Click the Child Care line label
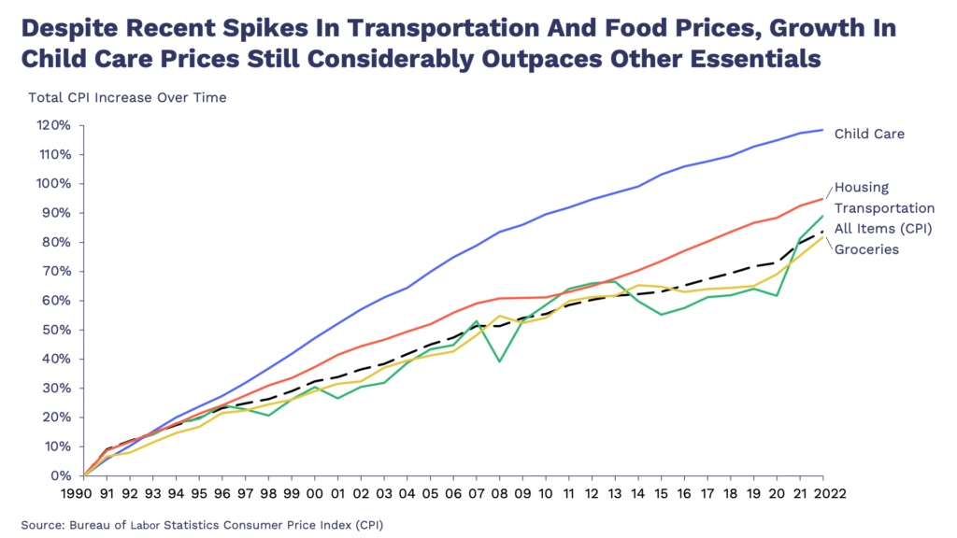pos(869,134)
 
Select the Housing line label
pos(861,188)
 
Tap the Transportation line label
pos(884,208)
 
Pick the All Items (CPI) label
pos(884,229)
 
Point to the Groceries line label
pos(867,249)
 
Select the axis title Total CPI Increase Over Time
pos(127,96)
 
